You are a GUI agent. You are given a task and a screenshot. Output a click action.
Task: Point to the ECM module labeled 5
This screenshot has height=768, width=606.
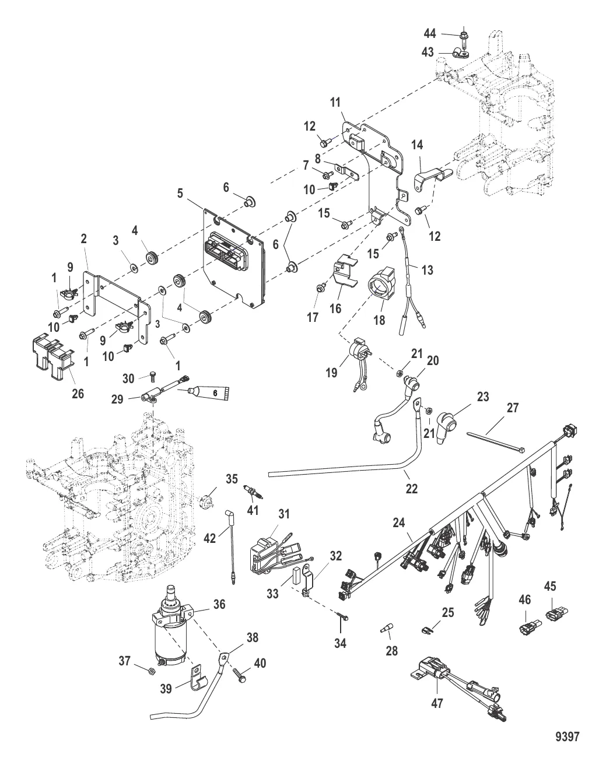click(x=233, y=257)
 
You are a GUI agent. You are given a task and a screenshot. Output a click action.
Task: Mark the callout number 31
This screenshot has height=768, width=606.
click(x=283, y=514)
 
